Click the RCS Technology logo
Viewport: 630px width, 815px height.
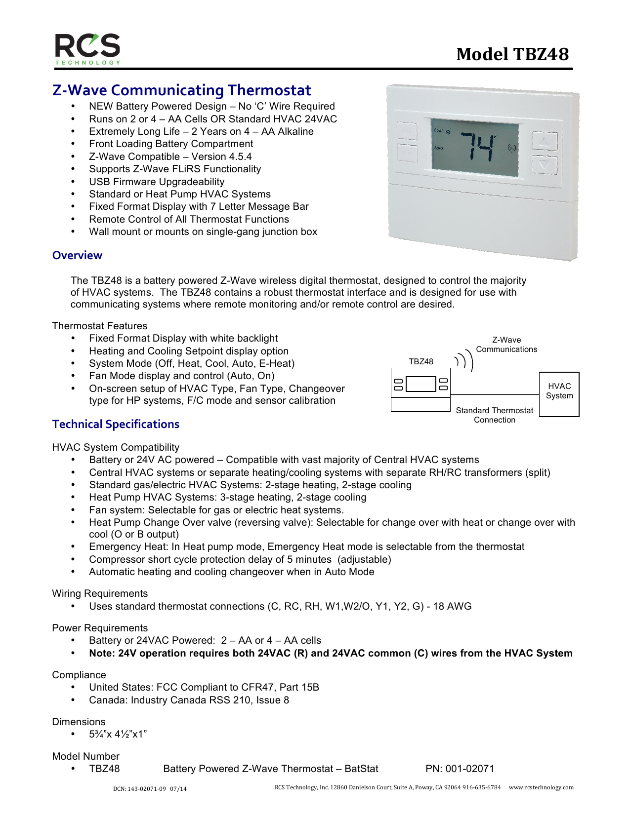pos(87,49)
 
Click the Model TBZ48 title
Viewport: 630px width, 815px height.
pos(512,54)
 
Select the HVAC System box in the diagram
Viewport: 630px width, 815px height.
pos(559,394)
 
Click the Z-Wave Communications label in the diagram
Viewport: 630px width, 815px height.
pos(506,345)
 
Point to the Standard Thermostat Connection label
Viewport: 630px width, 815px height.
pos(494,415)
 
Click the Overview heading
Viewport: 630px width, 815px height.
pos(77,255)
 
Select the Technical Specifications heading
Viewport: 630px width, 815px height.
pos(116,424)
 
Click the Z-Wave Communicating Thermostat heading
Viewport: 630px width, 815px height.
pos(181,90)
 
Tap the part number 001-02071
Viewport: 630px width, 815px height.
pos(460,769)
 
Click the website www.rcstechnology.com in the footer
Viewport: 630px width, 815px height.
pos(541,787)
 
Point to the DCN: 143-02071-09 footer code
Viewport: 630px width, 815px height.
pos(150,789)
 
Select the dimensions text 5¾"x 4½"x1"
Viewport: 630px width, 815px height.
pos(118,734)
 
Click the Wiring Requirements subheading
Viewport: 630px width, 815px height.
pos(100,593)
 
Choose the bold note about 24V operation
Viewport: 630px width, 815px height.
pos(331,653)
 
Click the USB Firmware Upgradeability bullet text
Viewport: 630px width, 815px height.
pos(157,182)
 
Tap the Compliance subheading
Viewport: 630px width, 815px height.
pos(79,675)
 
